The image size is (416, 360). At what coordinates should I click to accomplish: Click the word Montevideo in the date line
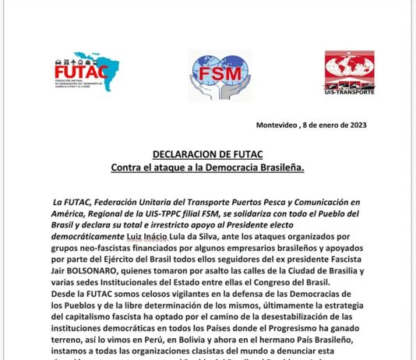coord(279,125)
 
